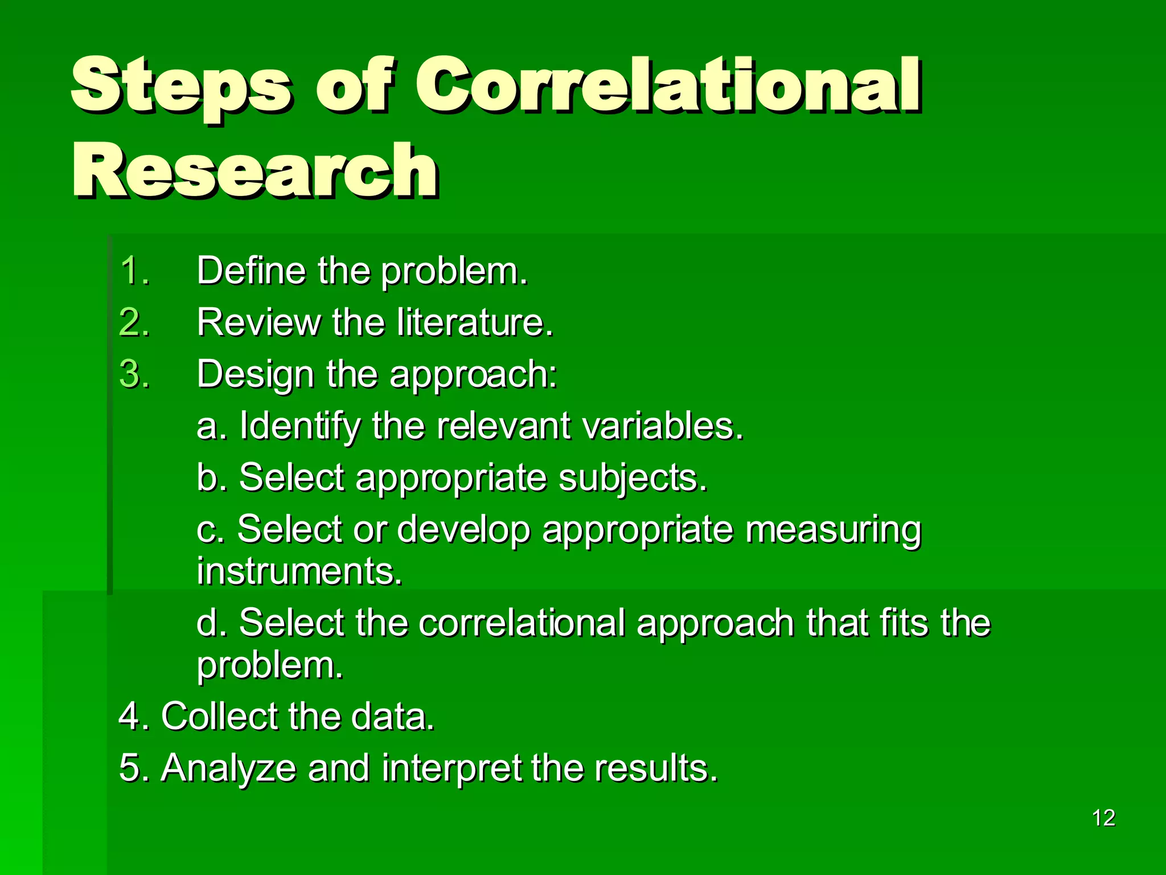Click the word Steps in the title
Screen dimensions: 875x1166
coord(181,85)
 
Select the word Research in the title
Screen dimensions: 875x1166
coord(255,171)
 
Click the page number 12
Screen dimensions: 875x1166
coord(1103,818)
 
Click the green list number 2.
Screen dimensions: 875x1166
coord(134,322)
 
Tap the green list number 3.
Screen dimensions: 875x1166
coord(134,374)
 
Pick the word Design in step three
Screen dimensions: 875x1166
coord(255,375)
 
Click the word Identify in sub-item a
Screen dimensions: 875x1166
coord(300,426)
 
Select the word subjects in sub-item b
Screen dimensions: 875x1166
coord(632,478)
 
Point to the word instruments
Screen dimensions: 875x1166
coord(299,571)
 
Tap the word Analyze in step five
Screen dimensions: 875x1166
coord(228,768)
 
